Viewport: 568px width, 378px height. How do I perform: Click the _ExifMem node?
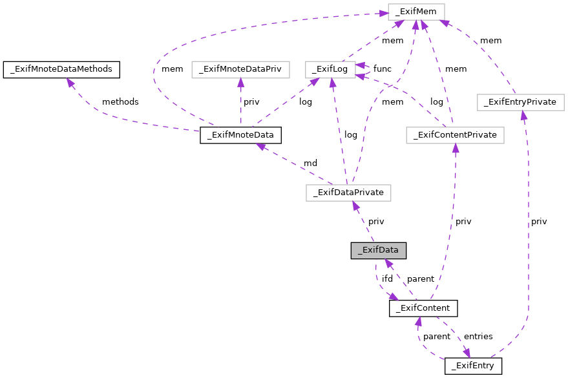tap(416, 11)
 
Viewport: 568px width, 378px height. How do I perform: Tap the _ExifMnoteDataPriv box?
tap(240, 69)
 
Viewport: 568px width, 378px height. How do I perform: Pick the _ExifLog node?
tap(330, 69)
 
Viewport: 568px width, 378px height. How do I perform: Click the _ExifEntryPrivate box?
tap(520, 102)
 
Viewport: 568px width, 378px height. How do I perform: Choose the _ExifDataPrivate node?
tap(348, 193)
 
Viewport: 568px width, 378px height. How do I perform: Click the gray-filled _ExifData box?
tap(379, 250)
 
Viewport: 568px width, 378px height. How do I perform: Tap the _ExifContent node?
tap(423, 308)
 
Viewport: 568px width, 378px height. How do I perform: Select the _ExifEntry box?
tap(473, 366)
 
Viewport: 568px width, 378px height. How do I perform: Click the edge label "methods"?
tap(120, 102)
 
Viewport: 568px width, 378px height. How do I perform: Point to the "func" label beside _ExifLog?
tap(382, 68)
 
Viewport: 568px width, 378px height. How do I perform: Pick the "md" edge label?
tap(310, 163)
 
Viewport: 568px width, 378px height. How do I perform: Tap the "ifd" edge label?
tap(387, 278)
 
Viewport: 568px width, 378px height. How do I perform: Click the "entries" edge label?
tap(478, 337)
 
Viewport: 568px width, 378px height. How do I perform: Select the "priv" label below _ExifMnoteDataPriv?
tap(251, 102)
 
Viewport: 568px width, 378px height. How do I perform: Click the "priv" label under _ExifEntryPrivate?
tap(539, 222)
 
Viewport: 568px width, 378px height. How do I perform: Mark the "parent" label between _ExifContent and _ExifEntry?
tap(437, 337)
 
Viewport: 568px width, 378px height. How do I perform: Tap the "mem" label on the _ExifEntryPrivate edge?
tap(490, 41)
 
